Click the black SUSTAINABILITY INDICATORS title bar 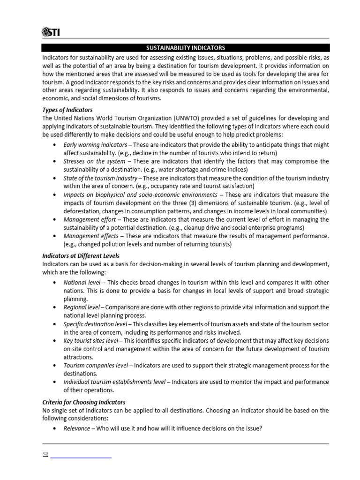(x=186, y=48)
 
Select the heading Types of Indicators (x=67, y=110)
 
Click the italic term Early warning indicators (x=95, y=145)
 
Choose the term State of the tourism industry (x=100, y=179)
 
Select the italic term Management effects (x=90, y=236)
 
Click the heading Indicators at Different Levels (x=81, y=256)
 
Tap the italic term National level (x=82, y=283)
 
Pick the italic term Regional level (x=81, y=307)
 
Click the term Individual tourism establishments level (x=114, y=382)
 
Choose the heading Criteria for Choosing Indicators (x=84, y=402)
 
